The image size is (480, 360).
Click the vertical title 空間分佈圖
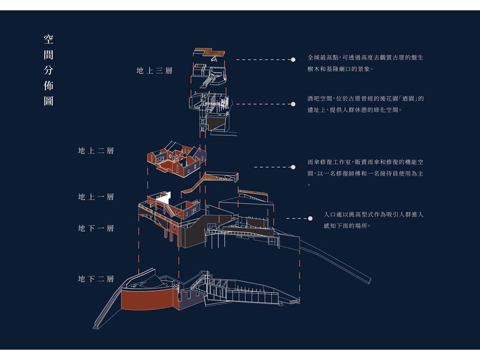click(48, 70)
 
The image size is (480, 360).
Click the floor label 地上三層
click(154, 71)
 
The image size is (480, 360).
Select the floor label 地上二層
click(96, 150)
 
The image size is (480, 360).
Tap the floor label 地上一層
click(96, 197)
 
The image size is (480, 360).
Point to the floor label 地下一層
click(96, 228)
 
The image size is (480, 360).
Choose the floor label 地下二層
click(96, 279)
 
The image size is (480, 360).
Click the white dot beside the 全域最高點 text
click(293, 60)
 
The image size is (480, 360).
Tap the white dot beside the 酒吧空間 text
click(293, 104)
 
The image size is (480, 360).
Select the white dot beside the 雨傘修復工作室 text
click(293, 167)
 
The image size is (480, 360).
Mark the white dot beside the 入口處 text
click(310, 218)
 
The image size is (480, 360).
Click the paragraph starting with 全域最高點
click(366, 63)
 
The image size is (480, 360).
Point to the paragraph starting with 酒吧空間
click(366, 104)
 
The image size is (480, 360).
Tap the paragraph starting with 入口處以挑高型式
click(374, 220)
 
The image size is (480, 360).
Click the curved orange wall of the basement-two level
click(147, 300)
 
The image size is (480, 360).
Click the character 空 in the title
click(48, 39)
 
